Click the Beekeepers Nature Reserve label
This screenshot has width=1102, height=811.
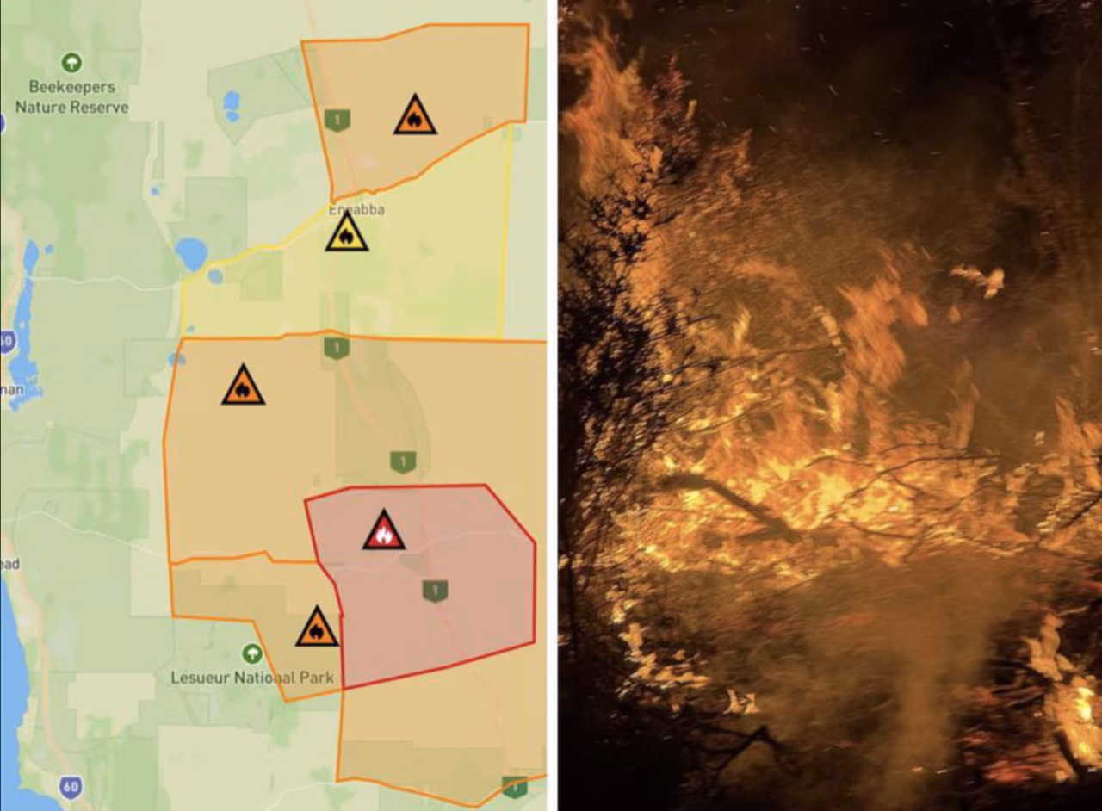71,96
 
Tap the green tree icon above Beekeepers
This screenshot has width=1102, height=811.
71,62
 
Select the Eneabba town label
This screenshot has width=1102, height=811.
356,209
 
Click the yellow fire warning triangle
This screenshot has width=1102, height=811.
346,233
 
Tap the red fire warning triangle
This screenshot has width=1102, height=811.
384,531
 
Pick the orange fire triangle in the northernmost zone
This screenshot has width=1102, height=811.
415,116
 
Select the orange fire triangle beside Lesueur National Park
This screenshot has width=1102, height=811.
317,628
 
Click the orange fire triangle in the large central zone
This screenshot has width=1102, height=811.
243,387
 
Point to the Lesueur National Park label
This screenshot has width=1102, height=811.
252,678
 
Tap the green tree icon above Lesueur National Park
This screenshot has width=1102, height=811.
252,653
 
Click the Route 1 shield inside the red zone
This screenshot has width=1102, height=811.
435,591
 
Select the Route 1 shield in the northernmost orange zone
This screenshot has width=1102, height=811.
337,120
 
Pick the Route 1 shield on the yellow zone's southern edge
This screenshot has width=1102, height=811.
337,348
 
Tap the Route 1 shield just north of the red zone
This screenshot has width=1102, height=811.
403,461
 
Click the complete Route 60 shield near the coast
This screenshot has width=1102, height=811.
72,786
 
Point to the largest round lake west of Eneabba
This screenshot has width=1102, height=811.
191,253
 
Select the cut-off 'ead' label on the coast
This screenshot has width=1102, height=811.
10,564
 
